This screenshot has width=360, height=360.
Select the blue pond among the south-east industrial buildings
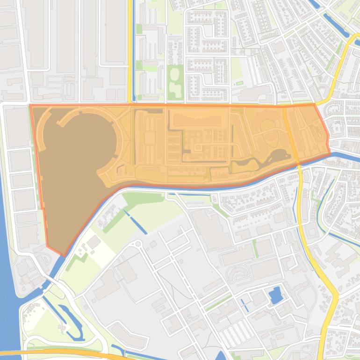coord(275,295)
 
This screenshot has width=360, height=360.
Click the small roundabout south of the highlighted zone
coord(138,244)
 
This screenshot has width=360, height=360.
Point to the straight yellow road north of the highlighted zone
coord(130,51)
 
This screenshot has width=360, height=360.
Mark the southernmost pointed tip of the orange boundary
coord(63,255)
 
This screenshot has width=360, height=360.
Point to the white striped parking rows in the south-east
coord(234,334)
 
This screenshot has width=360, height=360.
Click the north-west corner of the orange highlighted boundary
coord(31,106)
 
